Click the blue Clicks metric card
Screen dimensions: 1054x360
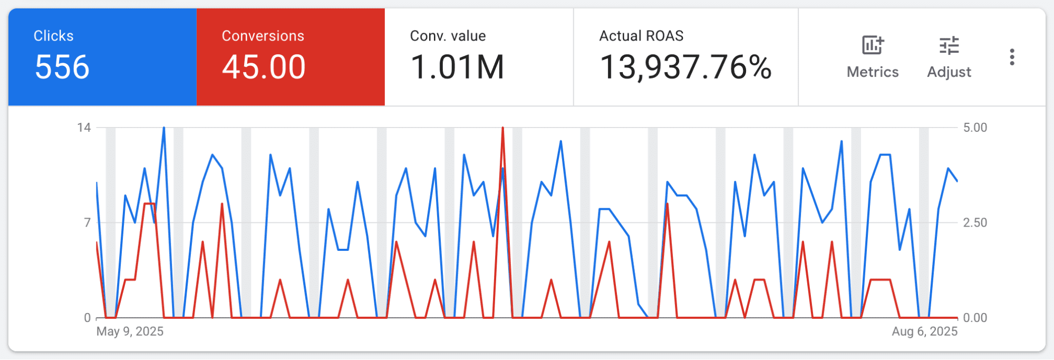pyautogui.click(x=102, y=57)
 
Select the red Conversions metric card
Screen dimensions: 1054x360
pyautogui.click(x=291, y=57)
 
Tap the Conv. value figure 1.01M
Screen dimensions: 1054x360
pyautogui.click(x=457, y=67)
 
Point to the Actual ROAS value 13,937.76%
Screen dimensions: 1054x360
pyautogui.click(x=685, y=67)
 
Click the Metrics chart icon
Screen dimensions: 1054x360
pyautogui.click(x=873, y=45)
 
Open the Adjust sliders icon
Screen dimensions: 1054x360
pyautogui.click(x=949, y=46)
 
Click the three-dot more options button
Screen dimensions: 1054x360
pyautogui.click(x=1012, y=57)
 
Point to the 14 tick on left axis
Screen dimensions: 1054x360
pyautogui.click(x=84, y=128)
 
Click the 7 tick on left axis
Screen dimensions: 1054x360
pyautogui.click(x=88, y=222)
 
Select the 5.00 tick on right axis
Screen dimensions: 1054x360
pyautogui.click(x=975, y=128)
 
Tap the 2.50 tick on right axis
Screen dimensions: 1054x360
pyautogui.click(x=975, y=222)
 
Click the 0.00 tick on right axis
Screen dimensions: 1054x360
pyautogui.click(x=975, y=318)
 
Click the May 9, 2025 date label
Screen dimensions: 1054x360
pyautogui.click(x=130, y=332)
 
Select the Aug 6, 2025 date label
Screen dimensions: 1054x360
pyautogui.click(x=925, y=332)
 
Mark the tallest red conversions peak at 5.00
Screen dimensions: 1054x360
pyautogui.click(x=502, y=128)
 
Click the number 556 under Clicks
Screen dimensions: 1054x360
pyautogui.click(x=62, y=67)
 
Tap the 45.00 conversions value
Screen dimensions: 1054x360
pyautogui.click(x=264, y=67)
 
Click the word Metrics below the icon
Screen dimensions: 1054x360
pyautogui.click(x=873, y=72)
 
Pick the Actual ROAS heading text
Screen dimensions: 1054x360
pyautogui.click(x=641, y=36)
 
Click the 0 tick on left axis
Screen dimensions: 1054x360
pyautogui.click(x=88, y=318)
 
